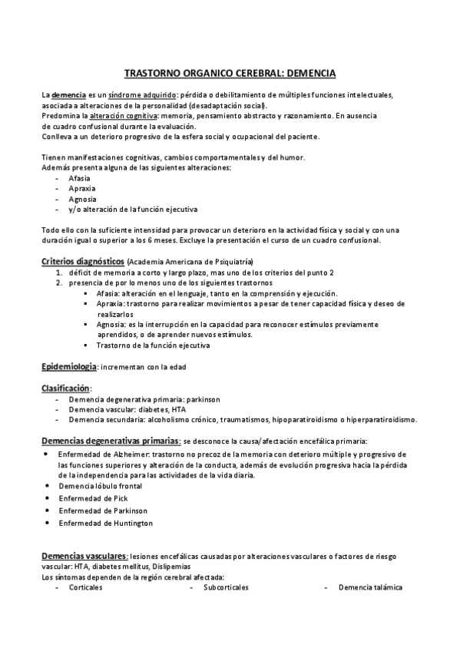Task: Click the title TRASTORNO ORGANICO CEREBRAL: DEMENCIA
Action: tap(230, 74)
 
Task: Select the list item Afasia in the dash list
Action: tap(79, 177)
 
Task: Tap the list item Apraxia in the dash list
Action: tap(81, 188)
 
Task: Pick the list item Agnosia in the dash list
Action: tap(82, 198)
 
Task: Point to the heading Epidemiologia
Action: tap(68, 366)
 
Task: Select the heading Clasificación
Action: tap(65, 388)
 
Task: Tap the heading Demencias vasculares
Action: tap(84, 555)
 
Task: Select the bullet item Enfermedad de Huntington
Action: tap(106, 523)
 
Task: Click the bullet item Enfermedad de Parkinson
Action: tap(104, 511)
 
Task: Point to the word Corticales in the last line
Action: tap(85, 587)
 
